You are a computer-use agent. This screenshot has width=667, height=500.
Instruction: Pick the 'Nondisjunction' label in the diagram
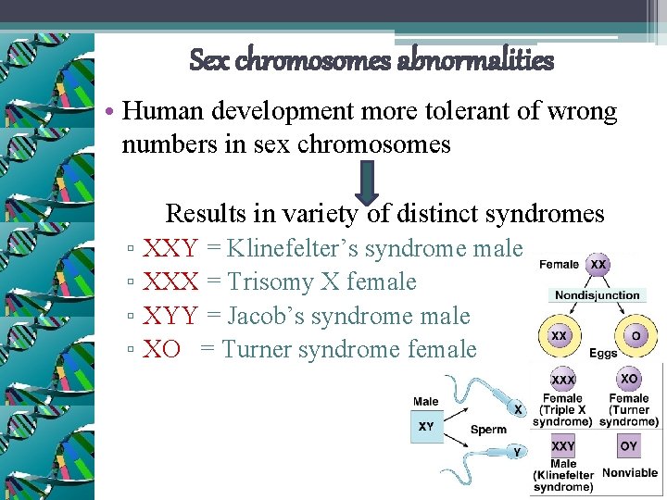[x=597, y=295]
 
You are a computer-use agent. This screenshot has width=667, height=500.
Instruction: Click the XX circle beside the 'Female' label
[x=598, y=264]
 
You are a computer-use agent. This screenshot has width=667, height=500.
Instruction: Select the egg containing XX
[x=560, y=336]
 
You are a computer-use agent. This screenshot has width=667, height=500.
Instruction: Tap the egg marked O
[x=636, y=336]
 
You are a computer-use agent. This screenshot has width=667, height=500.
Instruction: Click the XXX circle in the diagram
[x=562, y=381]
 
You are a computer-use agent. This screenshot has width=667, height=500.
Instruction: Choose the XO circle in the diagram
[x=629, y=380]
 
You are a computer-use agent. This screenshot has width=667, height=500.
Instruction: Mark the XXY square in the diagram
[x=563, y=445]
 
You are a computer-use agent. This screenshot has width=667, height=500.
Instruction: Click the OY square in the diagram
[x=629, y=446]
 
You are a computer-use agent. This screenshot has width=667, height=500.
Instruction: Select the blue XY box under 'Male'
[x=426, y=427]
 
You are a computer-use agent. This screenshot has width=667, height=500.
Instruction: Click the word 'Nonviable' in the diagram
[x=630, y=473]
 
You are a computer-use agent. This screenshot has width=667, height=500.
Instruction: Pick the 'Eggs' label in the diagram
[x=602, y=354]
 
